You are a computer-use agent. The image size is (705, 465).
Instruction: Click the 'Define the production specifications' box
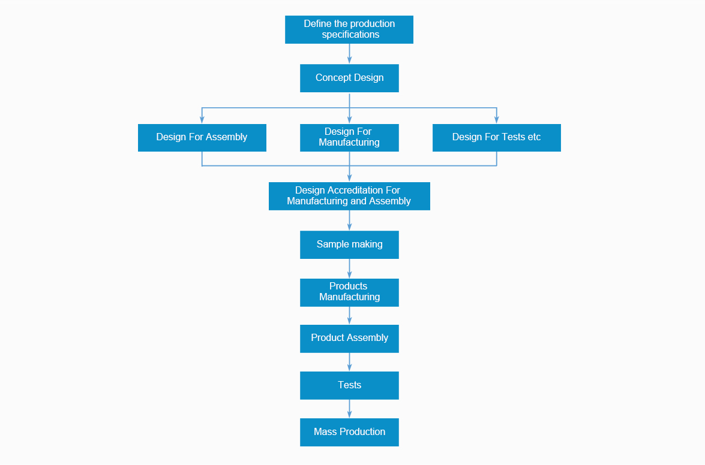[349, 29]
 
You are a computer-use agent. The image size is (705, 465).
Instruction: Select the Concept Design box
[349, 78]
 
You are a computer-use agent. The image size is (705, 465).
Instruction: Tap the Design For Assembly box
[202, 138]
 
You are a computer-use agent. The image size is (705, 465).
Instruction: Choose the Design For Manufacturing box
[349, 138]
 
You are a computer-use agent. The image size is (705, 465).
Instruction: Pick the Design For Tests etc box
[496, 138]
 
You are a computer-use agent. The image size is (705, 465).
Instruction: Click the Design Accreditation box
[349, 196]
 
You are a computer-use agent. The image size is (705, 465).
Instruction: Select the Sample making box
[349, 244]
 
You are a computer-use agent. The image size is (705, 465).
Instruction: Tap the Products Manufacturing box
[349, 292]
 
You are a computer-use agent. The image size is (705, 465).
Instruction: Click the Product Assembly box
[349, 339]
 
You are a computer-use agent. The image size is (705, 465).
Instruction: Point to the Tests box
[349, 385]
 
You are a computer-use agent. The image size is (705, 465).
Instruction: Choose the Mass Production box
[349, 432]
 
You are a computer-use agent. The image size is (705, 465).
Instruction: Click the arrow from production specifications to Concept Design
[349, 54]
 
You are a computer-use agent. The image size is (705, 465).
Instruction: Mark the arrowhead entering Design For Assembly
[202, 120]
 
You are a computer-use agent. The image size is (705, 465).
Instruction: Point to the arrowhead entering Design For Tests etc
[496, 120]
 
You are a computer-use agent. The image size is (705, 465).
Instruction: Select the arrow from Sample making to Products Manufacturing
[349, 268]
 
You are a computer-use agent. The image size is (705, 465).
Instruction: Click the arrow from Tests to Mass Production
[349, 409]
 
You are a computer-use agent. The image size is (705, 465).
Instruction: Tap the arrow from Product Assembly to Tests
[349, 362]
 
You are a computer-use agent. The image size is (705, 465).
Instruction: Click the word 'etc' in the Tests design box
[534, 137]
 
